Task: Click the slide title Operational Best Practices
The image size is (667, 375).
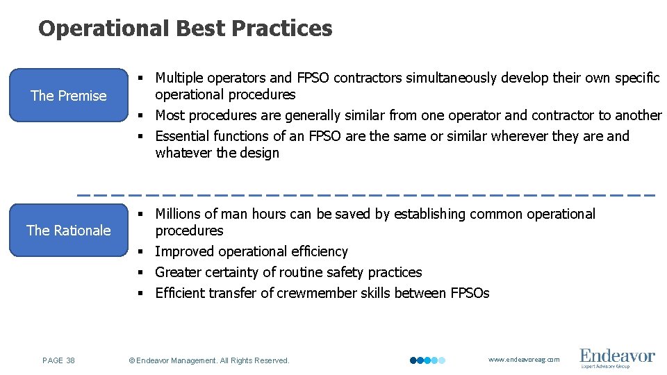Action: [x=186, y=28]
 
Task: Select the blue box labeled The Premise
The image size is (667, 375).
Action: [x=69, y=96]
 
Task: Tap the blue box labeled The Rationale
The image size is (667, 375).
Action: [x=69, y=230]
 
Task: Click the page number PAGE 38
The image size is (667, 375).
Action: [x=59, y=360]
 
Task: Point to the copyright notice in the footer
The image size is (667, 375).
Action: [x=209, y=360]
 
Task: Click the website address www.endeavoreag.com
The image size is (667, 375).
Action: [x=523, y=360]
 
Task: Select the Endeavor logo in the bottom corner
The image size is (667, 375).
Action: [x=617, y=358]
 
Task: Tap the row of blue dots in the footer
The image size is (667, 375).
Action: [x=427, y=360]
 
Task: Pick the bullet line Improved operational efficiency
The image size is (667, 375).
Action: [x=252, y=251]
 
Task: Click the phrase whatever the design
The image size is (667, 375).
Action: [x=217, y=153]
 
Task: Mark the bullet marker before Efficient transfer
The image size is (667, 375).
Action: [x=140, y=293]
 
